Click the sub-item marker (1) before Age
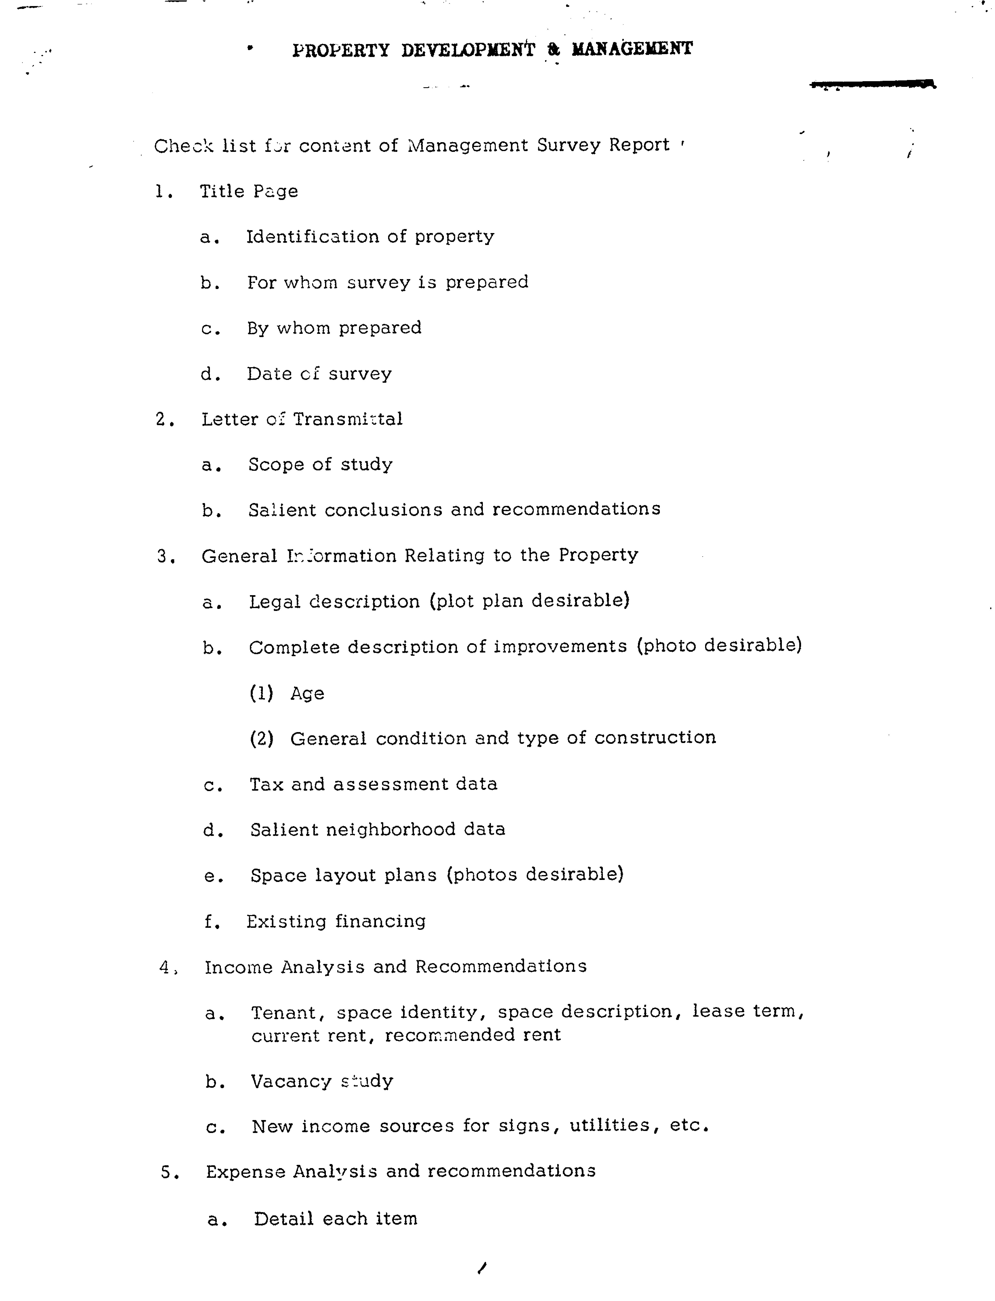point(261,693)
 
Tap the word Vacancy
point(291,1081)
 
